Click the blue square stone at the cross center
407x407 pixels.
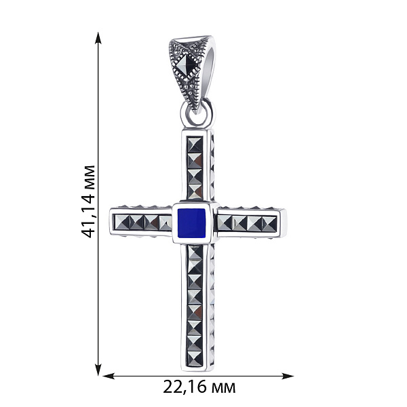coord(192,223)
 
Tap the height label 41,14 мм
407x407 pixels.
coord(88,201)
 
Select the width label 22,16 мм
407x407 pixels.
coord(199,387)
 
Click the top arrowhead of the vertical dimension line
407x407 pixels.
coord(98,38)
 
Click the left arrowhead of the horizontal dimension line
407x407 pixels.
coord(109,376)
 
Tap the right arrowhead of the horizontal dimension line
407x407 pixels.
coord(288,376)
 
